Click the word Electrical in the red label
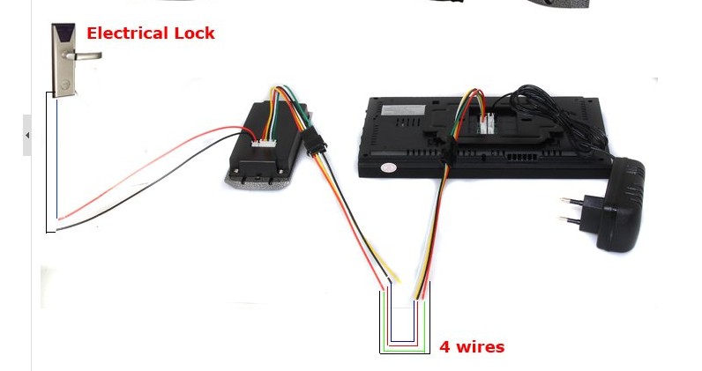[x=127, y=33]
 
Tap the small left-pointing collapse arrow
[x=26, y=136]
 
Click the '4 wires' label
[x=472, y=347]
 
